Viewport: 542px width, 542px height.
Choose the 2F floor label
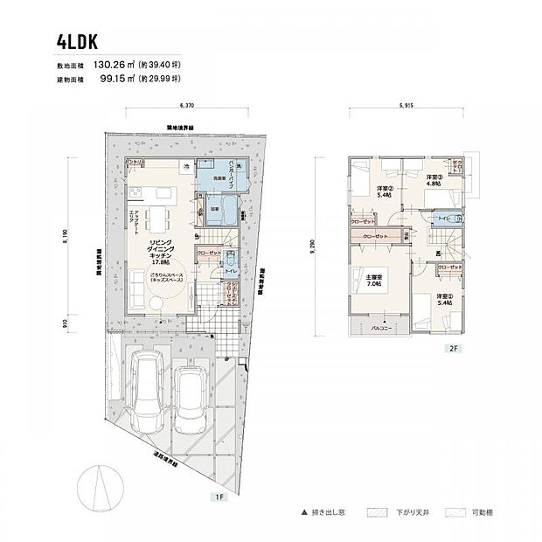coord(454,348)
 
